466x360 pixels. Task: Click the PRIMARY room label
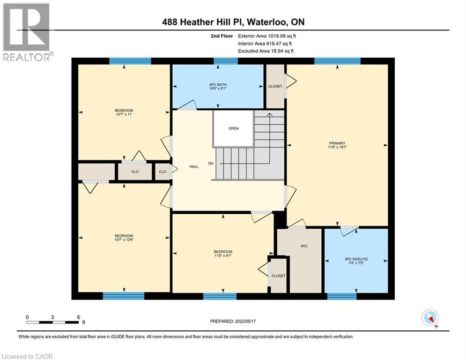337,143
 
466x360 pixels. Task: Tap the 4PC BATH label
218,85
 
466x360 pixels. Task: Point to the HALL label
194,166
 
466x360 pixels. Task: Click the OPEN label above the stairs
234,128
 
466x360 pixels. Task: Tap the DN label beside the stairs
211,164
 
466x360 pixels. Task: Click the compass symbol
429,317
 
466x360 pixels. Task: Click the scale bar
52,322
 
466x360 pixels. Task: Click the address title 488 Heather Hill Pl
233,22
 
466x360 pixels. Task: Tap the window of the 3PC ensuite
341,296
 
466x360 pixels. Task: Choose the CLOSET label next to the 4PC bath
275,86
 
